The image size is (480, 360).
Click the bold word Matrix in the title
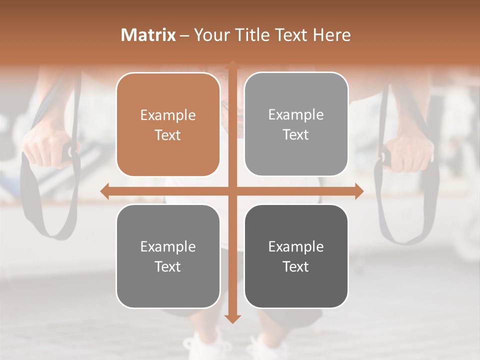point(148,35)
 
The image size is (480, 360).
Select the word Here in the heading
point(332,35)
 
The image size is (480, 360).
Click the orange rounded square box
point(168,124)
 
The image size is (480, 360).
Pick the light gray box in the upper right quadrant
point(296,124)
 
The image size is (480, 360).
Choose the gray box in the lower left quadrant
point(168,256)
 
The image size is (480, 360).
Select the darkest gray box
point(296,256)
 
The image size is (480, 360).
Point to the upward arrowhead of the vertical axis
point(232,65)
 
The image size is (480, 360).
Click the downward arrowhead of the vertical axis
point(232,318)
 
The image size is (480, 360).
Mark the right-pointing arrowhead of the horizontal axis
point(358,191)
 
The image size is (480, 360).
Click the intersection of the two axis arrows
point(232,191)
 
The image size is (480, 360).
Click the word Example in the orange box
point(168,115)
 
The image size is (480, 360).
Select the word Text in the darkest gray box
point(296,267)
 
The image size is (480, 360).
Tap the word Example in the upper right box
point(296,115)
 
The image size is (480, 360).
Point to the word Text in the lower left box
point(168,267)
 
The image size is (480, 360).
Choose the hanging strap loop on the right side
point(407,215)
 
